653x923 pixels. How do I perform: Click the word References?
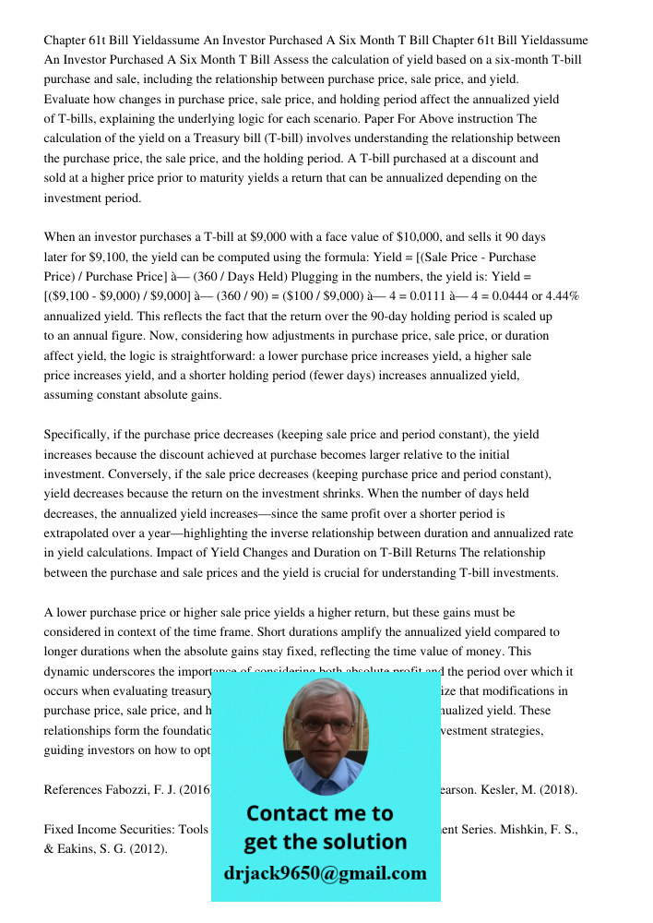[77, 789]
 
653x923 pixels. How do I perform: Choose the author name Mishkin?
[523, 829]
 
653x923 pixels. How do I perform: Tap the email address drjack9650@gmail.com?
[325, 873]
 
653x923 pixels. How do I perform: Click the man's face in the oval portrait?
[325, 728]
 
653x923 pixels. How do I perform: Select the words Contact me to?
[319, 813]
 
